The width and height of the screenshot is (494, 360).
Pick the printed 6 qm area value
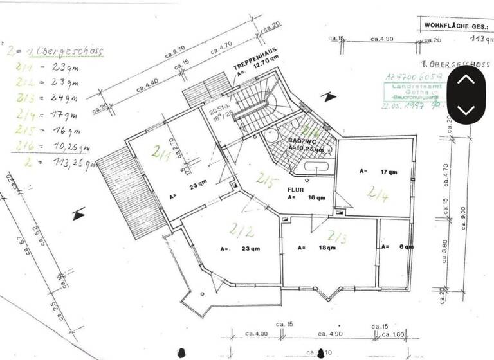[407, 246]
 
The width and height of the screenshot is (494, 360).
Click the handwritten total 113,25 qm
[64, 163]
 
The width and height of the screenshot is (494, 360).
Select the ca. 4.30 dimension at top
[382, 39]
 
